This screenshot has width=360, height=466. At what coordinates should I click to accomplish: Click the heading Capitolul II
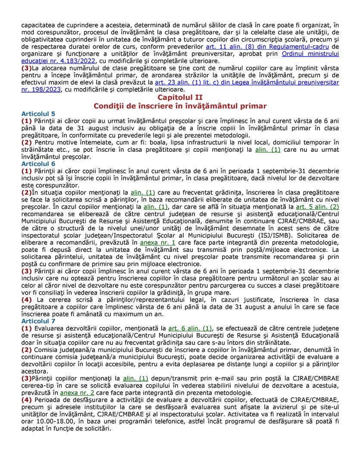point(180,98)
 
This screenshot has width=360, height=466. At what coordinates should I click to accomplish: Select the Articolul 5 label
point(38,113)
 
